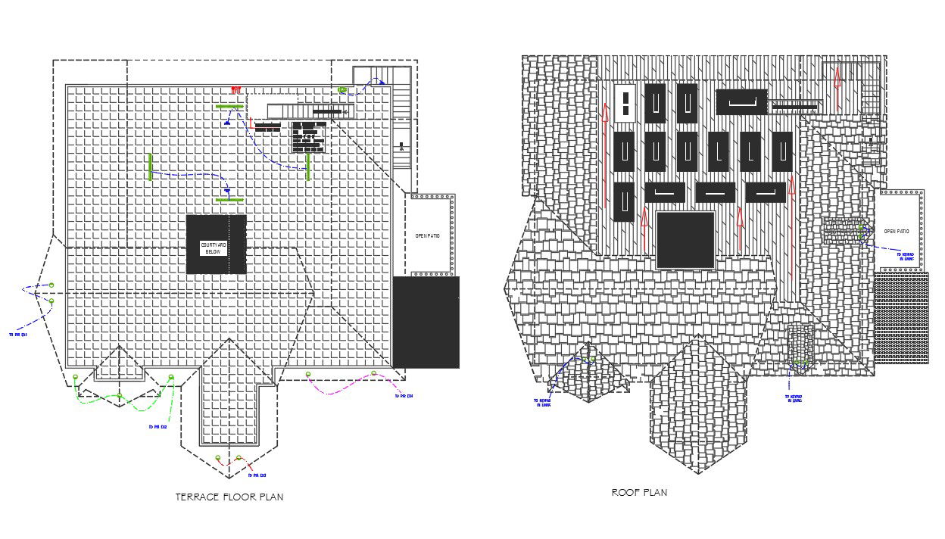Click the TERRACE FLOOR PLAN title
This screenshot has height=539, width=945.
[x=229, y=497]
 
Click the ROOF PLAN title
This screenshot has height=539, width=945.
[x=639, y=493]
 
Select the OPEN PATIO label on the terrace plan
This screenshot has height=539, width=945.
[x=428, y=236]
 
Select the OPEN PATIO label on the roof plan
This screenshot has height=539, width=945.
[x=897, y=232]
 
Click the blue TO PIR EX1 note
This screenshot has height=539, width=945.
[x=18, y=334]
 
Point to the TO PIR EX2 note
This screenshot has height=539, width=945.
[x=157, y=427]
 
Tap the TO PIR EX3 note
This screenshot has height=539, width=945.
[x=257, y=475]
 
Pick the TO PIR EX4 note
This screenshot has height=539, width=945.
[x=404, y=396]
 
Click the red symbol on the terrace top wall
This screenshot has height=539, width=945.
[x=235, y=89]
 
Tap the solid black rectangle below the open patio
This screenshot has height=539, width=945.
[x=426, y=322]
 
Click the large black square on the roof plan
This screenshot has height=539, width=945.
[x=685, y=240]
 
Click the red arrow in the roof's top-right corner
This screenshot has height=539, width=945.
[x=837, y=78]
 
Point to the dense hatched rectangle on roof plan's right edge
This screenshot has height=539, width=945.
[x=900, y=318]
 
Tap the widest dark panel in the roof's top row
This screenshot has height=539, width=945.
[x=741, y=101]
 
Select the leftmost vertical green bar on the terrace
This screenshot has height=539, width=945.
[x=150, y=167]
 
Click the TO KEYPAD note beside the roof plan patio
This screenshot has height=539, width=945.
[x=905, y=257]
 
